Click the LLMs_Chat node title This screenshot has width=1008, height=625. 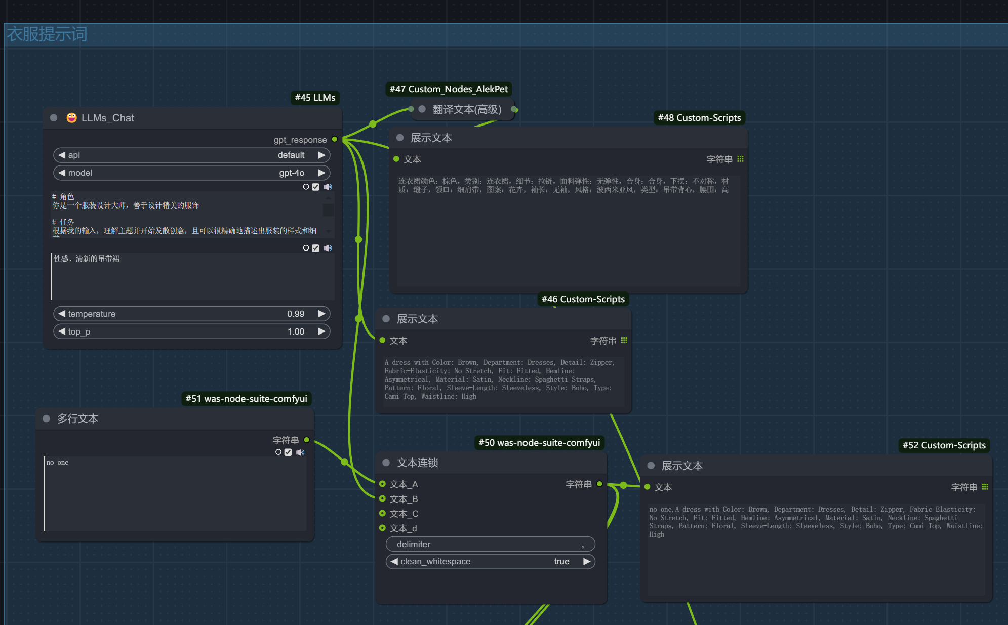(107, 118)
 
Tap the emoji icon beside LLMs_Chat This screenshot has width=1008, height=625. (72, 118)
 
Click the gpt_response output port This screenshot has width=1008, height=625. (335, 139)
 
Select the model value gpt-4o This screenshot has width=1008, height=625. (292, 173)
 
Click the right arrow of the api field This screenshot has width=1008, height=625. (321, 155)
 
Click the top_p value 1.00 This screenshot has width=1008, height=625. (296, 331)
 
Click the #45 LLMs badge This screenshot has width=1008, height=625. (315, 98)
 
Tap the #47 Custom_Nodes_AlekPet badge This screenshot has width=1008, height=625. (449, 89)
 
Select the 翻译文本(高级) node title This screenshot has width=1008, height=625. (467, 109)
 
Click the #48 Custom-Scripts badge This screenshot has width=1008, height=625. (699, 118)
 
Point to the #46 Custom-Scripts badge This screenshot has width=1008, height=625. (583, 299)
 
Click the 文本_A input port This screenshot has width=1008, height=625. (383, 484)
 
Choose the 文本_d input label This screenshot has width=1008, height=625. (404, 528)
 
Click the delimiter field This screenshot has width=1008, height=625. (490, 544)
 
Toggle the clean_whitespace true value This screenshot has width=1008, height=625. (561, 561)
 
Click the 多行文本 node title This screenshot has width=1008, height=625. (77, 419)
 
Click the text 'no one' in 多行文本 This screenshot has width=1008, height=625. (57, 462)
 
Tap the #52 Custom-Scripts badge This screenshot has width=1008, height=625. (944, 445)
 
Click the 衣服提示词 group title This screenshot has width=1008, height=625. (47, 34)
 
